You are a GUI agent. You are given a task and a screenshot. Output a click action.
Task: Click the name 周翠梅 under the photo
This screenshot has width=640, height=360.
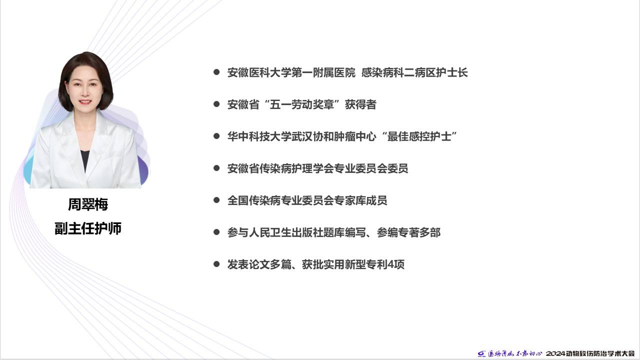[x=88, y=204]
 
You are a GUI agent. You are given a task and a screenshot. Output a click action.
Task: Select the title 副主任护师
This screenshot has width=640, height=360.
[x=88, y=228]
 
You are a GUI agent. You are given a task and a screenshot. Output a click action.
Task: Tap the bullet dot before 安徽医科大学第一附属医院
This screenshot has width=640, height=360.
[x=216, y=72]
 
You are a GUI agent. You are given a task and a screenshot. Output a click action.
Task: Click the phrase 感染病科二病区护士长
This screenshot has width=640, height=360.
[x=414, y=72]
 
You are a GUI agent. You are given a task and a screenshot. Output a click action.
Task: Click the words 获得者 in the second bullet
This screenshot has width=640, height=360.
[x=360, y=104]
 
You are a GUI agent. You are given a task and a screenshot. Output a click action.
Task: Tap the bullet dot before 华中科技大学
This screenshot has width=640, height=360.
[x=216, y=136]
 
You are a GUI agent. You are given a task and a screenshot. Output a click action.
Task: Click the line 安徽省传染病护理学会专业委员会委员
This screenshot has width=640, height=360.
[x=317, y=168]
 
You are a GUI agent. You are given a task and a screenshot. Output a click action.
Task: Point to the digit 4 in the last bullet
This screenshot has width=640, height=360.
[x=390, y=265]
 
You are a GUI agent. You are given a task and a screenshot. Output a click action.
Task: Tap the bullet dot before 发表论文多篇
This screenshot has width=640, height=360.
[x=216, y=264]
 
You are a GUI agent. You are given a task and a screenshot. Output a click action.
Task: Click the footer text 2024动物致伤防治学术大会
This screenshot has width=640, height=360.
[x=590, y=353]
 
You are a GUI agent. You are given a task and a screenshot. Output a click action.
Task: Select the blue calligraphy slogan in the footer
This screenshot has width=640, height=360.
[x=514, y=353]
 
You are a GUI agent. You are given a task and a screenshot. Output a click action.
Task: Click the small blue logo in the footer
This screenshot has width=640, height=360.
[x=481, y=354]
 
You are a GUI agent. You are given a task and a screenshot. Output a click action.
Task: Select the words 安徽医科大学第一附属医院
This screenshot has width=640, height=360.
[x=291, y=72]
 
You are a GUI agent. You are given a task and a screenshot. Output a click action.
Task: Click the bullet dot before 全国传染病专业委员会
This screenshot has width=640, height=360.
[x=216, y=200]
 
